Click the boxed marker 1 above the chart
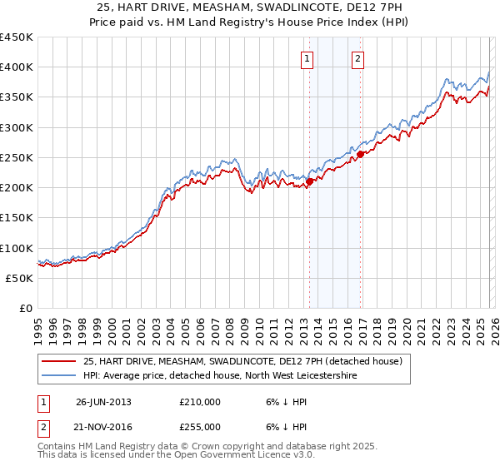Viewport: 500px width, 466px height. click(x=307, y=58)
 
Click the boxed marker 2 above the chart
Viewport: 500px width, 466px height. click(x=357, y=58)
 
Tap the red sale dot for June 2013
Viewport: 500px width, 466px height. click(x=309, y=181)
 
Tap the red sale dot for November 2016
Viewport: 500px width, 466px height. click(x=360, y=154)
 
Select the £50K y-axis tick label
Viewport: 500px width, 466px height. click(x=19, y=278)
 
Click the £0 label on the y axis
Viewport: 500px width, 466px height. click(x=26, y=308)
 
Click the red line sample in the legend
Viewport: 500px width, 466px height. click(x=59, y=361)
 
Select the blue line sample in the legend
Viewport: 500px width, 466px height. click(x=59, y=375)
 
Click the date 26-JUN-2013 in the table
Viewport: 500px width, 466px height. click(x=103, y=402)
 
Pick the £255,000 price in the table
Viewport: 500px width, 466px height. click(x=200, y=427)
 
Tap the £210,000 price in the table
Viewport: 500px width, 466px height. click(x=200, y=402)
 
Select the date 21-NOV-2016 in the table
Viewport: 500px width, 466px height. click(x=103, y=427)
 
